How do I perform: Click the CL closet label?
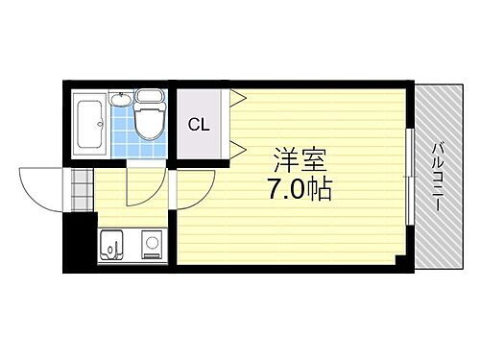(x=199, y=125)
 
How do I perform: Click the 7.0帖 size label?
(x=296, y=188)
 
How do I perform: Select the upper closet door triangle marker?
(x=236, y=97)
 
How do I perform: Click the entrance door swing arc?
(x=38, y=188)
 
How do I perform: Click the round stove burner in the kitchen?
(x=151, y=243)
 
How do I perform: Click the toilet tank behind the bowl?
(x=151, y=97)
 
